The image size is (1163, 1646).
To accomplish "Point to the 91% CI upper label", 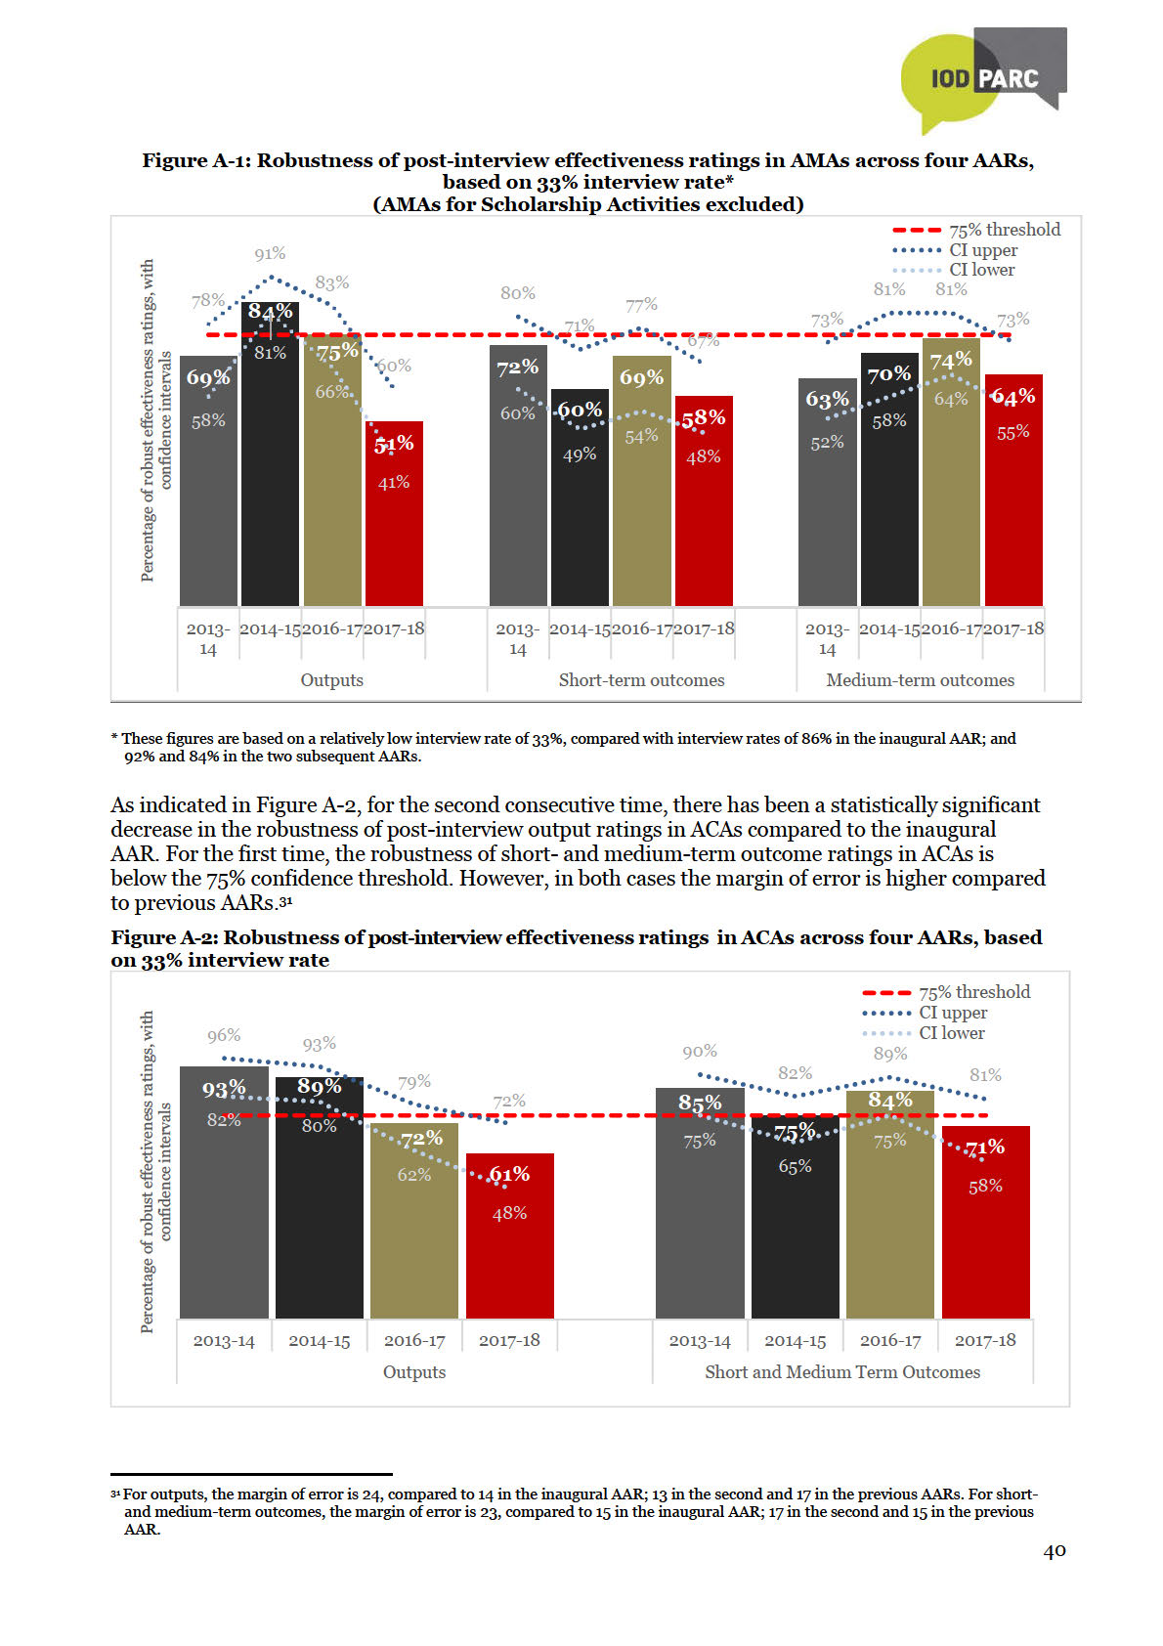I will click(x=270, y=254).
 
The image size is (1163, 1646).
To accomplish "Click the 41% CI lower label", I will click(x=394, y=482).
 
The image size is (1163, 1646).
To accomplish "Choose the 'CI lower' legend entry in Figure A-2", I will click(x=951, y=1033).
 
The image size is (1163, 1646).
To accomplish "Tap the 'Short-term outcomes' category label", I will click(x=641, y=680).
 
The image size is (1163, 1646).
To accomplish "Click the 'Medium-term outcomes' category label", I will click(x=920, y=680).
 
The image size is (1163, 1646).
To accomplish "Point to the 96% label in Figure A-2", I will click(x=224, y=1036).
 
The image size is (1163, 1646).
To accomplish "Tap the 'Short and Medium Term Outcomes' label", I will click(x=841, y=1372).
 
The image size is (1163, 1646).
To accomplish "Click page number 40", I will click(x=1055, y=1551).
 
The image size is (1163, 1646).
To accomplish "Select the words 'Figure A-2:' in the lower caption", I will click(x=164, y=937).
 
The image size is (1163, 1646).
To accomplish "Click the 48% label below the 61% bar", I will click(x=509, y=1213).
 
